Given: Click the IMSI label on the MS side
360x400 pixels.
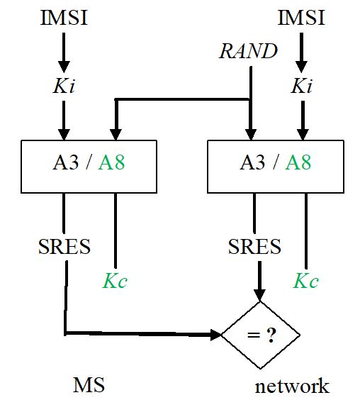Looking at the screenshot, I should coord(64,16).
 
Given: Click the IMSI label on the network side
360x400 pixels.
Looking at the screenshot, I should coord(301,16).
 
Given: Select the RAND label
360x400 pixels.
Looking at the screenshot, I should coord(247,51).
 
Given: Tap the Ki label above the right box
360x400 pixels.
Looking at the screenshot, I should coord(303,86).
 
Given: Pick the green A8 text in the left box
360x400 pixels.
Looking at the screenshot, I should coord(112,162).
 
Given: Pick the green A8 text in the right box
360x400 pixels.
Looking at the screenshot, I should coord(298,162).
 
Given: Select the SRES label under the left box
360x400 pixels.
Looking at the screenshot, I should coord(64,246).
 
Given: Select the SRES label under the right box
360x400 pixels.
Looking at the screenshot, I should coord(254,246).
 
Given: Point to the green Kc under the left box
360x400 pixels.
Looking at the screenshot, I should coord(115,280).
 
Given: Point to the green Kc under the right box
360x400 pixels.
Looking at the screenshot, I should coord(306,280).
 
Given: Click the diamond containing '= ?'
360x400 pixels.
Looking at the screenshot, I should coord(260,334).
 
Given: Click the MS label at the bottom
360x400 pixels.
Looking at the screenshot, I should coord(89,385).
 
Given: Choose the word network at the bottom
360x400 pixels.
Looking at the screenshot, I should coord(292,386).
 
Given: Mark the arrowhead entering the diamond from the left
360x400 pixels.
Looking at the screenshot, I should coord(215,334).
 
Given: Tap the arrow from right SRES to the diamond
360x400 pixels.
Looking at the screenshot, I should coord(260,280).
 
